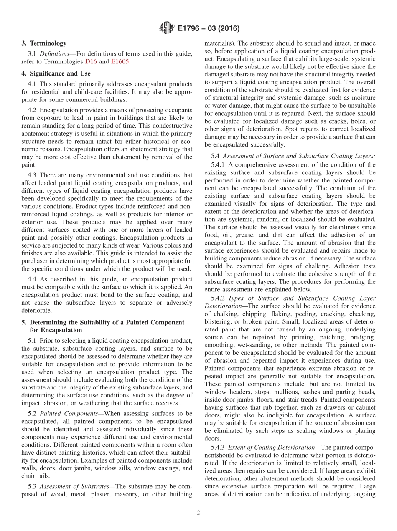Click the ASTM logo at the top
click(166, 28)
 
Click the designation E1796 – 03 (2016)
click(208, 29)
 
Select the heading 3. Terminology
click(44, 43)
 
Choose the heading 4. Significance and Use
click(56, 73)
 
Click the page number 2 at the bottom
click(198, 513)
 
